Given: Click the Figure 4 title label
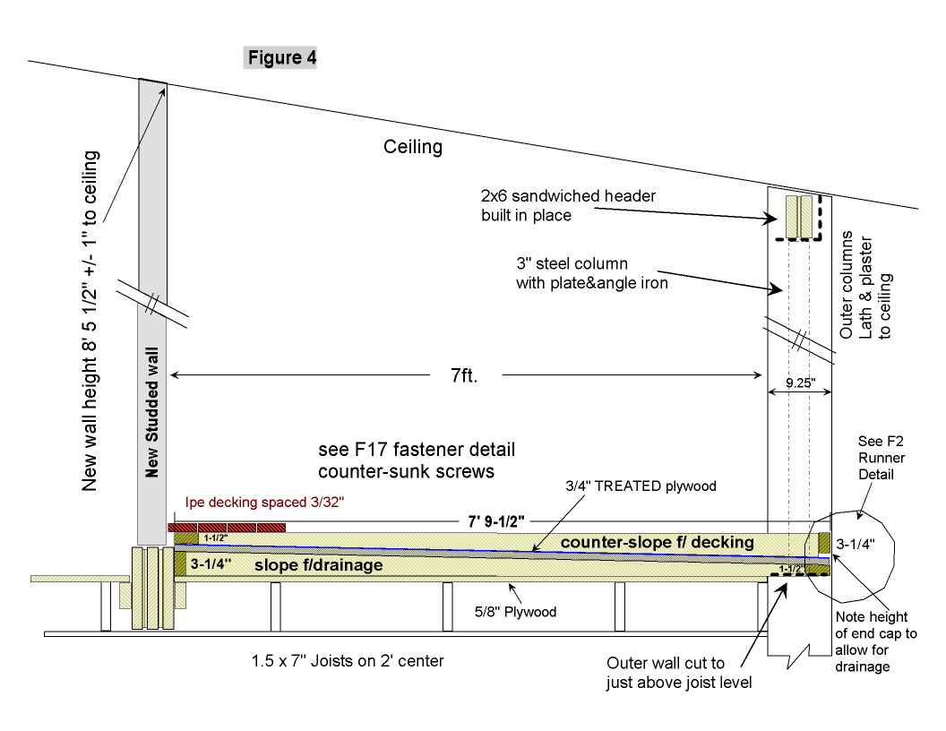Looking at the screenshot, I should tap(280, 59).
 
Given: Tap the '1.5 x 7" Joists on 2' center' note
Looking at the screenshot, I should tap(348, 662).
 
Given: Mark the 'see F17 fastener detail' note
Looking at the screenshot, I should tap(417, 456).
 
